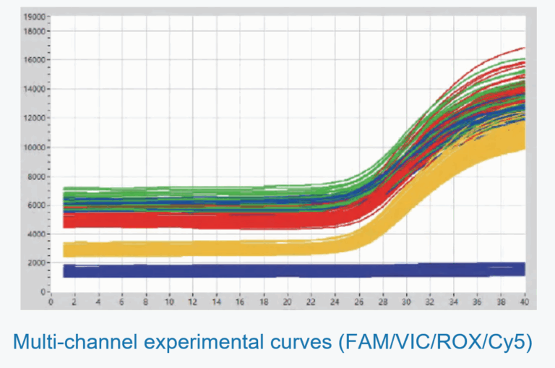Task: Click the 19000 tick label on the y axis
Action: coord(34,16)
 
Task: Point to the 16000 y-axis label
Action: coord(34,60)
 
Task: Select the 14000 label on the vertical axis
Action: coord(34,89)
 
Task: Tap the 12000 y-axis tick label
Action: coord(34,118)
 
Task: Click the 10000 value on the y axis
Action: coord(34,147)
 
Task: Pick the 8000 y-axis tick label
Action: coord(36,176)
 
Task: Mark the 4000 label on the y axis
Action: coord(36,234)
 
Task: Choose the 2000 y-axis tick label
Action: coord(36,263)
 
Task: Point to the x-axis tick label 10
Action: coord(168,302)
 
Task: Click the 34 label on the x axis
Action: coord(453,302)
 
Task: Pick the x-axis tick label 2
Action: coord(74,302)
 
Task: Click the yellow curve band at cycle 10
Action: coord(168,249)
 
